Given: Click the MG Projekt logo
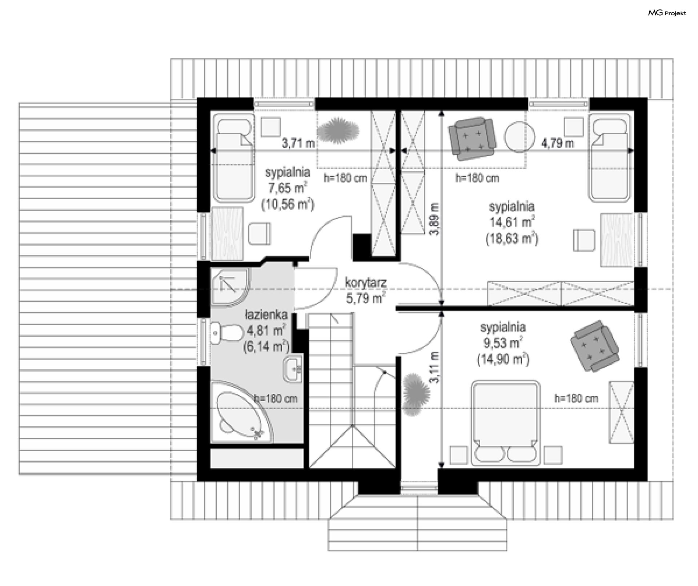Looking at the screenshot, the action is tap(667, 13).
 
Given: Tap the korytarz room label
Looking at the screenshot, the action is tap(365, 282).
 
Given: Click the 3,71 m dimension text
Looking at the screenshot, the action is tap(298, 143).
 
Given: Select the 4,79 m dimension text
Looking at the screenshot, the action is tap(558, 143).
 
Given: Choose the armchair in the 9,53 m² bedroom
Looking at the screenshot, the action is tap(594, 346).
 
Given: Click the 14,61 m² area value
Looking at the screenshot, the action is tap(512, 222).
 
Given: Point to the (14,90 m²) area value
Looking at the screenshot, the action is tap(503, 360).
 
